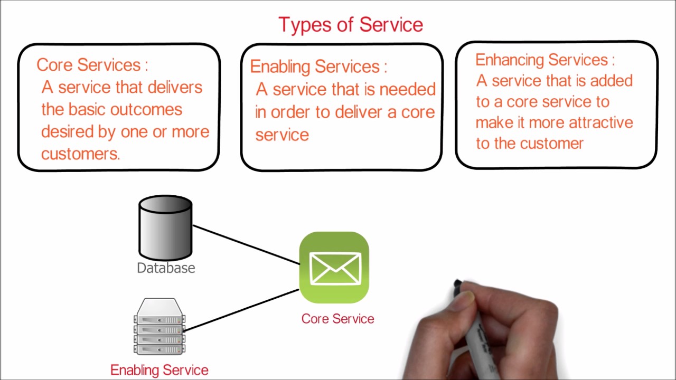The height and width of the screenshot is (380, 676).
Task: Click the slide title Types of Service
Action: coord(351,25)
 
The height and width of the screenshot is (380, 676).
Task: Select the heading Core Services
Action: coord(89,65)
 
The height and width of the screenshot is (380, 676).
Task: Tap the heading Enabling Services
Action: coord(316,66)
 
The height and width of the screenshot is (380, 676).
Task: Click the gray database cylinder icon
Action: coord(165,227)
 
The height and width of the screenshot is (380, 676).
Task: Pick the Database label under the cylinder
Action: coord(166,268)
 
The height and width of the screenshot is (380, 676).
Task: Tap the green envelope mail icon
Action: coord(334,268)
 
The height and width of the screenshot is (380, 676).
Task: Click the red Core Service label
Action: coord(337,319)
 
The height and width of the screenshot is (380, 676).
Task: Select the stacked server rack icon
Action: coord(159,327)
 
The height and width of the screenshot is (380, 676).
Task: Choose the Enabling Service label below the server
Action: coord(159,370)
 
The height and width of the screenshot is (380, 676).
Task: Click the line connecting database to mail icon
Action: coord(246,244)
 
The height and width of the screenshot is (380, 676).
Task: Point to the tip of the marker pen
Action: coord(457,285)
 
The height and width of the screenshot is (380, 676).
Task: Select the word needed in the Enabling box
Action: coord(407,90)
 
